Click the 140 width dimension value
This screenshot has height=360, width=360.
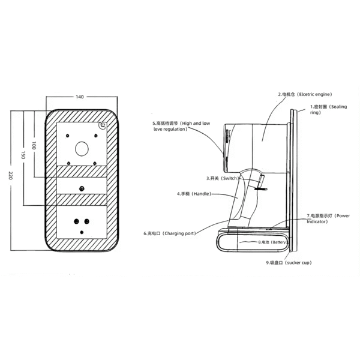[80, 97]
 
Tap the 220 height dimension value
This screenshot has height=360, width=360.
[11, 175]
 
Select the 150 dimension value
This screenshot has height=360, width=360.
[23, 155]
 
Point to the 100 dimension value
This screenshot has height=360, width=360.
[34, 145]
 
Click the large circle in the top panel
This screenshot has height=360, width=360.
[82, 149]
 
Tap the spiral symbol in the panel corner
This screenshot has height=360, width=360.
[103, 125]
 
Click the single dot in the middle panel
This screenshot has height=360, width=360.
[82, 189]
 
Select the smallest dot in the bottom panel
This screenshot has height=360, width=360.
[82, 232]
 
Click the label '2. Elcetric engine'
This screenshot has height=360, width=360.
[305, 94]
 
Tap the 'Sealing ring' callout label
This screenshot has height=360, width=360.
[329, 110]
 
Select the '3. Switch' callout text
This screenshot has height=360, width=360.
[223, 178]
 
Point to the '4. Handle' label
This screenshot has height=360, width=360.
[194, 194]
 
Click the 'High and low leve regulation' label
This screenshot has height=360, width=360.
[181, 126]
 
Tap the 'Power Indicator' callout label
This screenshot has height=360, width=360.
[328, 218]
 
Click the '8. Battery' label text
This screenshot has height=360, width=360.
[272, 242]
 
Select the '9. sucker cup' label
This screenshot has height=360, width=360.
[289, 263]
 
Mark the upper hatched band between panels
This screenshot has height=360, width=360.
[82, 171]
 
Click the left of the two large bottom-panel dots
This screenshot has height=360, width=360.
[76, 221]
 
